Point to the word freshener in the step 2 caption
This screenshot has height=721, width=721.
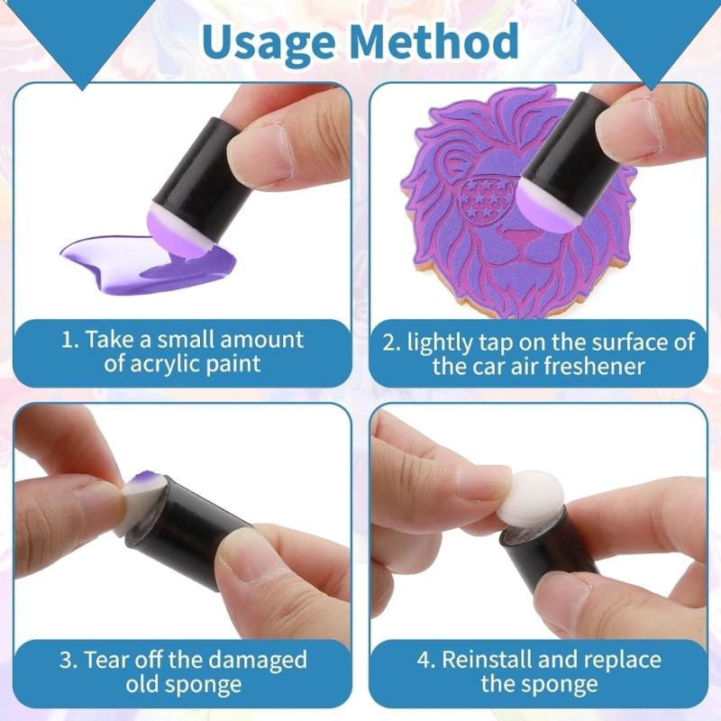611,366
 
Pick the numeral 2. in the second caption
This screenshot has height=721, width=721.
390,342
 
